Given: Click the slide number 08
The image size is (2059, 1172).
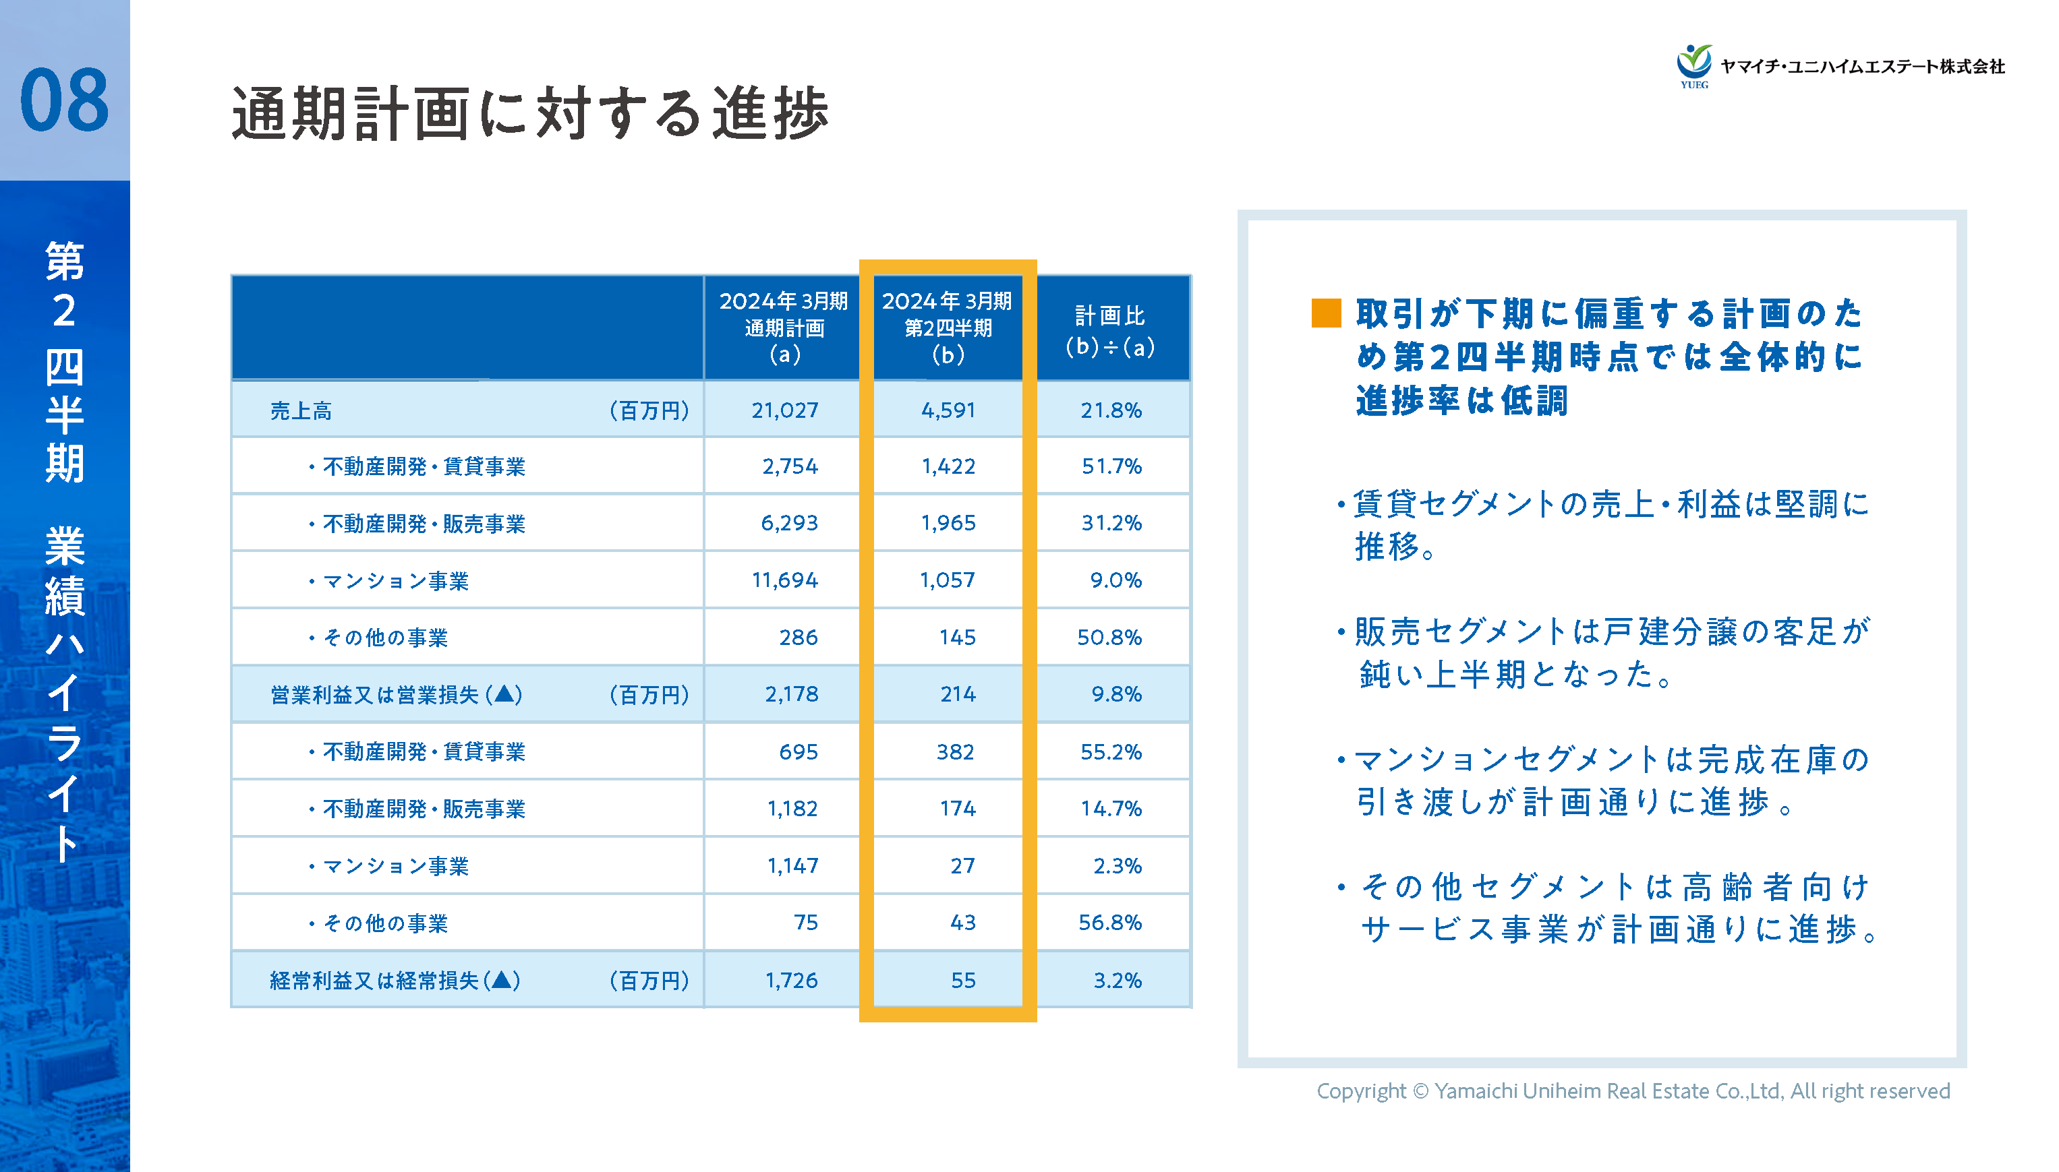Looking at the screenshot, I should click(x=65, y=100).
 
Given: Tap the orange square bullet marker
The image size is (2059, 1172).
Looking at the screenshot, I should click(x=1325, y=313).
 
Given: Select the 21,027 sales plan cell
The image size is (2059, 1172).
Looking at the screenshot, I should click(x=784, y=410).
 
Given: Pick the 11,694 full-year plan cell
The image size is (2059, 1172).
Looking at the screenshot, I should click(x=784, y=580).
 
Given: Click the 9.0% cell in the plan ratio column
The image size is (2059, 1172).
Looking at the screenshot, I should click(x=1115, y=580).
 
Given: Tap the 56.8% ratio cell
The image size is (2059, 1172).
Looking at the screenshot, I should click(x=1109, y=923).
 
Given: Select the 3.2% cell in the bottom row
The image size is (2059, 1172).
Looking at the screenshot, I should click(x=1117, y=981).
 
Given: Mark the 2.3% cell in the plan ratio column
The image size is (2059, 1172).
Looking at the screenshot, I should click(x=1117, y=866).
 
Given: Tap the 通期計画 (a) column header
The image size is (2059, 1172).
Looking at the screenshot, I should click(x=784, y=328).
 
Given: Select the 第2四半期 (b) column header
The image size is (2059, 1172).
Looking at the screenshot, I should click(x=947, y=328).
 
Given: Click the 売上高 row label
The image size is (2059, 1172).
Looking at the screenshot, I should click(x=300, y=411).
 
